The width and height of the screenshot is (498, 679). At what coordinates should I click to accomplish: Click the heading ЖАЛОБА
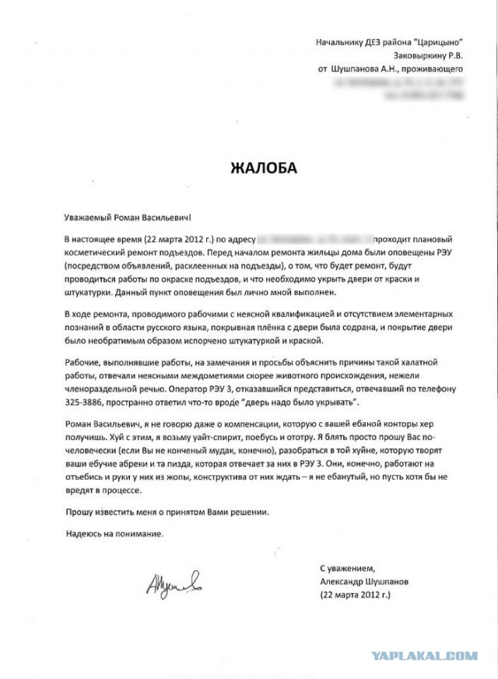click(263, 167)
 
